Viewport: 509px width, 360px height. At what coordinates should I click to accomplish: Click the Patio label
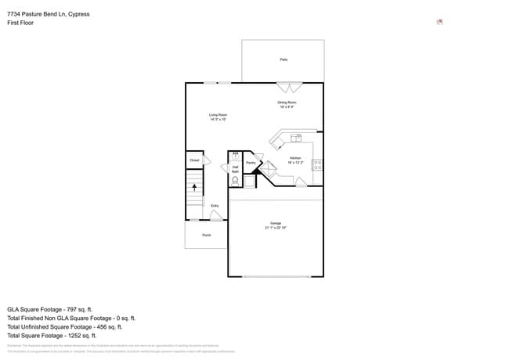[x=283, y=59]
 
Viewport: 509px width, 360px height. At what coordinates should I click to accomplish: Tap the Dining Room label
[x=286, y=103]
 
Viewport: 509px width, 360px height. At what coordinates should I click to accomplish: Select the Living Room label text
[x=218, y=116]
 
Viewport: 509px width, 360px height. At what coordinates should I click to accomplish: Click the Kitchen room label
[x=295, y=158]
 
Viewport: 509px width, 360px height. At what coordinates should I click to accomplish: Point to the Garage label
[x=276, y=223]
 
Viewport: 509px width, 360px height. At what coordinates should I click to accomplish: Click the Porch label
[x=206, y=235]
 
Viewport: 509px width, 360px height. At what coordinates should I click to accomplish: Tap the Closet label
[x=195, y=160]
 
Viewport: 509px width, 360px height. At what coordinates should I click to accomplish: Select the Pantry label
[x=251, y=163]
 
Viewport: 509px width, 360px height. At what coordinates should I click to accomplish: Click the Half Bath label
[x=235, y=168]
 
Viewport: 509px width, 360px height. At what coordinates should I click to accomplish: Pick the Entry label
[x=215, y=206]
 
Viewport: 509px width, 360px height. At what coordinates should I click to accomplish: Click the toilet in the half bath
[x=235, y=180]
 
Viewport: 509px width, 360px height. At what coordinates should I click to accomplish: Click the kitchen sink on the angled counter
[x=297, y=139]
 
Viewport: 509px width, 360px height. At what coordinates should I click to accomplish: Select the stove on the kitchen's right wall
[x=317, y=165]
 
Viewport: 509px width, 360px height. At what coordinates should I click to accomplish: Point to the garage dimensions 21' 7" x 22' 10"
[x=276, y=228]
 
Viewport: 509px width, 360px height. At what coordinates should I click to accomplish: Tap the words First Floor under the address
[x=20, y=23]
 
